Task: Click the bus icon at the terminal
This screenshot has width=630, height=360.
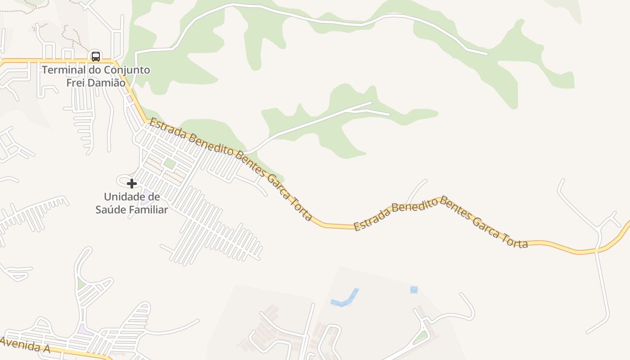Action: click(x=96, y=56)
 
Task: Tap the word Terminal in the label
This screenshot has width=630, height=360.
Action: click(x=63, y=70)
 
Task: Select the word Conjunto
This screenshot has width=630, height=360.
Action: click(x=127, y=70)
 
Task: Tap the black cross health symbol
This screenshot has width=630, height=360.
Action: click(x=132, y=183)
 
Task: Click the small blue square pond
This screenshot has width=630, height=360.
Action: click(x=414, y=290)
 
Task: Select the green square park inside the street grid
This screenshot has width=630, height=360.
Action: click(x=169, y=164)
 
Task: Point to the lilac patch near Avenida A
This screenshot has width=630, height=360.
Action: click(x=84, y=330)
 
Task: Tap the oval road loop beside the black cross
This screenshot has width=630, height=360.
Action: click(x=123, y=180)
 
